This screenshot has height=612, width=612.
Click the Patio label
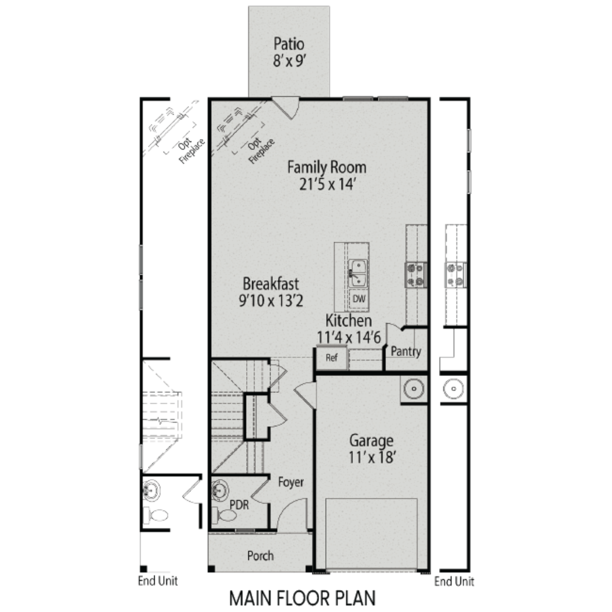tap(289, 44)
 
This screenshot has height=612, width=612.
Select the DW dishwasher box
tap(359, 299)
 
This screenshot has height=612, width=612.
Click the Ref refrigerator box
tap(332, 358)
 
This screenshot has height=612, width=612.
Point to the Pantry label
tap(406, 351)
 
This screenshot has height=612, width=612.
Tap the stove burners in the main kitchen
tap(416, 275)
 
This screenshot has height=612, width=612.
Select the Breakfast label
tap(271, 284)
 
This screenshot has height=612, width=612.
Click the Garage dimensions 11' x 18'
tap(371, 457)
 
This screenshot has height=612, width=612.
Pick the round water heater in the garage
tap(414, 389)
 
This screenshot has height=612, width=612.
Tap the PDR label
tap(239, 505)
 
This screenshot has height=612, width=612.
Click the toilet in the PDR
tap(226, 516)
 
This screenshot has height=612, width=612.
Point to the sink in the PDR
tap(220, 490)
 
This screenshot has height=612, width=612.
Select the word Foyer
tap(291, 482)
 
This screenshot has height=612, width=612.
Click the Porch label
tap(260, 556)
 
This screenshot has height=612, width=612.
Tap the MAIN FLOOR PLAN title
tap(302, 599)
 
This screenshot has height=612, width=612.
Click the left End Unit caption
tap(158, 581)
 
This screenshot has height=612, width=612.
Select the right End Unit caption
tap(454, 581)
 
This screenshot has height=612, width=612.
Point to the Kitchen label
tap(348, 321)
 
